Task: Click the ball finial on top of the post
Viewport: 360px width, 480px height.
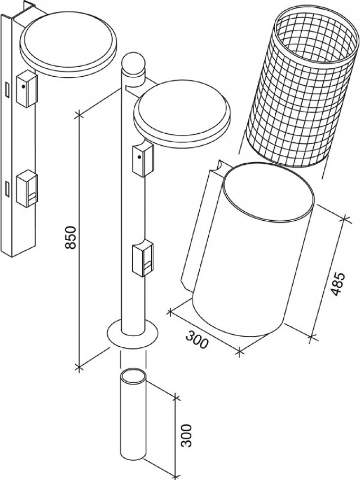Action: tap(133, 63)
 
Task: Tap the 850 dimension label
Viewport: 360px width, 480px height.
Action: tap(71, 238)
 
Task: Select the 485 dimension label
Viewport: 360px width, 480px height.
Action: tap(338, 283)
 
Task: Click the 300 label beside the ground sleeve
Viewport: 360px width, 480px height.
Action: tap(186, 435)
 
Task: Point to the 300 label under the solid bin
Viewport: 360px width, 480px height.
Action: tap(197, 339)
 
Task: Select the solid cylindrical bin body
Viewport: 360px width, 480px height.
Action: tap(253, 250)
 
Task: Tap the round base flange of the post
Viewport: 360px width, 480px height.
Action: tap(133, 334)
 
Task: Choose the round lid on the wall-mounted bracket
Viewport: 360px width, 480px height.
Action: tap(68, 43)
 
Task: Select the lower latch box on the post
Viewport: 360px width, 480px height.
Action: tap(143, 258)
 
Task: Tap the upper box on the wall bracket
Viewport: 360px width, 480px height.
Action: tap(27, 89)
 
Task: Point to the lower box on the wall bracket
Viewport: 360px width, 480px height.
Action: tap(27, 188)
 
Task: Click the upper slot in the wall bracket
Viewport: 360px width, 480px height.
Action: tap(7, 90)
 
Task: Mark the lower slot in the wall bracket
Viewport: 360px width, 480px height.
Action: tap(7, 188)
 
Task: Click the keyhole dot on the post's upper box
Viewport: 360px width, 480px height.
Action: tap(139, 158)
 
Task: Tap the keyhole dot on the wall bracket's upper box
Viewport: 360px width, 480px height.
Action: tap(23, 86)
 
